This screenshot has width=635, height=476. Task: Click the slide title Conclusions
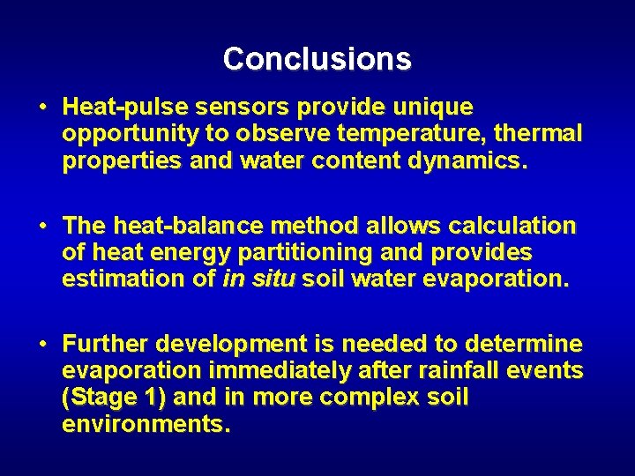click(x=317, y=59)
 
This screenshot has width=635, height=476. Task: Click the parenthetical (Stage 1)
click(x=114, y=398)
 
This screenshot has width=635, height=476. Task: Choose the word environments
click(x=146, y=425)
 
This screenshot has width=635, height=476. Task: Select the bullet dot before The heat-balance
click(x=42, y=227)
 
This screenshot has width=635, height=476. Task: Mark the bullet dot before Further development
click(x=42, y=344)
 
